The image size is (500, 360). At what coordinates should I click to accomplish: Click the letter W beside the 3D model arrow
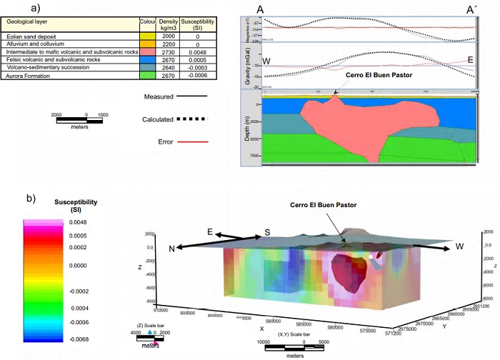point(461,248)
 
